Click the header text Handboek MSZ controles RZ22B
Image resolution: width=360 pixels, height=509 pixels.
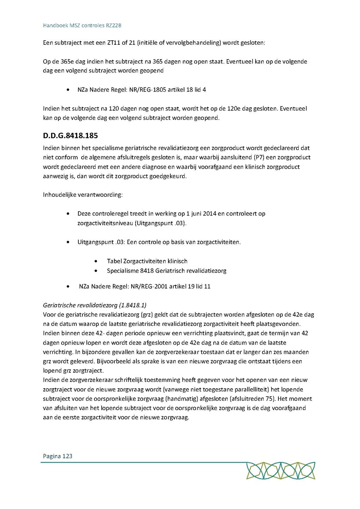(82, 26)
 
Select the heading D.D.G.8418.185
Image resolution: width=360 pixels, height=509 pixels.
(70, 136)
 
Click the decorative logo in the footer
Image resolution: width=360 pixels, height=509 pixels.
(280, 471)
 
